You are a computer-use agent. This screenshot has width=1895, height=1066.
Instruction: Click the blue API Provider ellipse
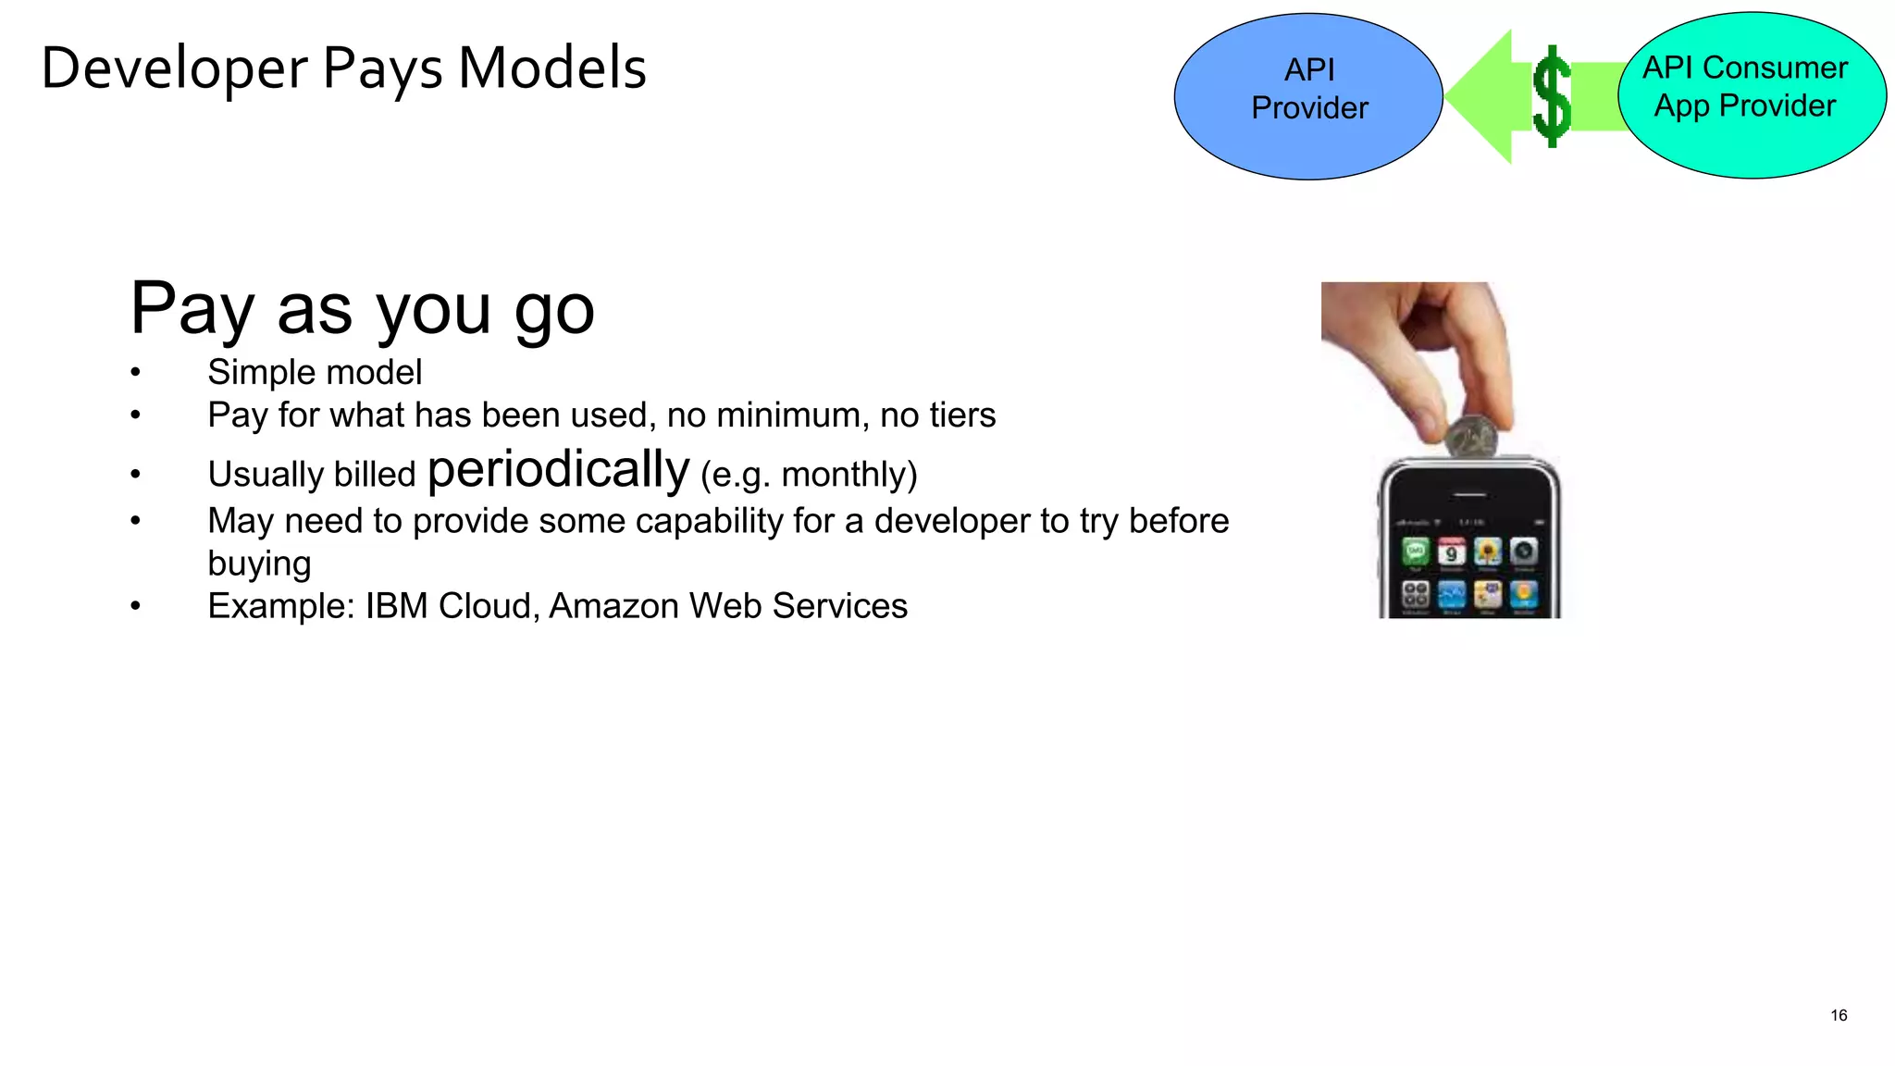[1307, 95]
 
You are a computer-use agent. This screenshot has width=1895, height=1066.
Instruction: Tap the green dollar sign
[1552, 96]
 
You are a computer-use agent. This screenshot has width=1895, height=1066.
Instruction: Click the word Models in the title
[552, 68]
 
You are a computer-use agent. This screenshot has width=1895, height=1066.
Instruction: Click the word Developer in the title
[174, 68]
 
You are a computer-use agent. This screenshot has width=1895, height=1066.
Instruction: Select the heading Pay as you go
[362, 309]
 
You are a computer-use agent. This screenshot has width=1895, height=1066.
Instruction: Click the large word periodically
[558, 470]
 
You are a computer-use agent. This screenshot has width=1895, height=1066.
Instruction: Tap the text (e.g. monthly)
[809, 475]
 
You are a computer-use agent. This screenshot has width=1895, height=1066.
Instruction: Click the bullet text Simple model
[315, 373]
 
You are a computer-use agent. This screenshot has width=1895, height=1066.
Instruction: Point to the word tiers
[963, 415]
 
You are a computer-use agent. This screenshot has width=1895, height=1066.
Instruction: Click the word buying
[259, 564]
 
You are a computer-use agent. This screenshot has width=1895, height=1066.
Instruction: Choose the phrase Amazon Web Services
[728, 606]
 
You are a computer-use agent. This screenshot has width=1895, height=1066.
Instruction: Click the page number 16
[1838, 1015]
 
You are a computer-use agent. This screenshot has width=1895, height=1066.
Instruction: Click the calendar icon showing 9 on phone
[1451, 552]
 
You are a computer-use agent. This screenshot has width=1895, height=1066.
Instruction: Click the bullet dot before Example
[136, 607]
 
